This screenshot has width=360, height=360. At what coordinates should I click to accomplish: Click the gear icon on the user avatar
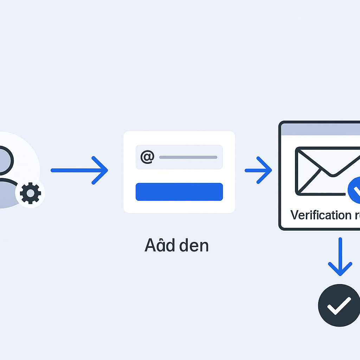point(30,193)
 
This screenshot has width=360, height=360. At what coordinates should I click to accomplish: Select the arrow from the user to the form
point(79,170)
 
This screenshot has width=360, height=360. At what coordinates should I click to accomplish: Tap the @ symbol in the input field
point(147,157)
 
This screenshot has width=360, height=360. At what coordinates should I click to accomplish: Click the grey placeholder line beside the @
point(188,157)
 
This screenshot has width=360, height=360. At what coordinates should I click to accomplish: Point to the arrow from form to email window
point(258,170)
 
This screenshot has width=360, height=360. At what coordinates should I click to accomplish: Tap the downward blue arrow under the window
point(340,257)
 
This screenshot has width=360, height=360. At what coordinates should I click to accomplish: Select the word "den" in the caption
point(193,246)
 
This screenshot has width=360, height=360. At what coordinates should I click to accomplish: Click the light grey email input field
point(179,157)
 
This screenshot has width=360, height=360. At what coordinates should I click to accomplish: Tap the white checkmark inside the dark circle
point(339,305)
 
